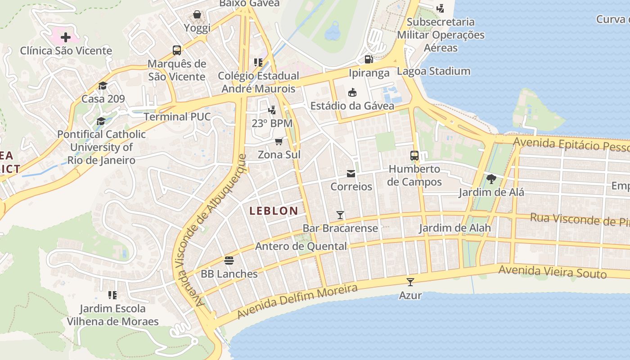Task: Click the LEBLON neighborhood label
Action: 274,211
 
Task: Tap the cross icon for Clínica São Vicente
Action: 66,37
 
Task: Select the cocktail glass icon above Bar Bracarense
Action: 340,215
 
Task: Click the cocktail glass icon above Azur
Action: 410,282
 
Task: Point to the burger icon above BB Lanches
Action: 229,261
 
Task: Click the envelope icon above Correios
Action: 351,174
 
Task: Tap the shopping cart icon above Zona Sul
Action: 279,142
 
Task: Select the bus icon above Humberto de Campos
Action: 414,156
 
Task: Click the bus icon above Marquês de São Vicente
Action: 177,50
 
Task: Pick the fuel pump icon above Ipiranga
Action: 369,59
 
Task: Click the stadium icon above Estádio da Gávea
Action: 352,93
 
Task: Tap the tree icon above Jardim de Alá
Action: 491,179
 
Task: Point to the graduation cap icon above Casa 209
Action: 103,85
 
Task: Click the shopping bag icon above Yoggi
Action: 197,15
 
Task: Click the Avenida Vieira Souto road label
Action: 553,272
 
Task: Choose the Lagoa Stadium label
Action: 433,71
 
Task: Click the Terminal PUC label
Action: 177,117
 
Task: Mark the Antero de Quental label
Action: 301,246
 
